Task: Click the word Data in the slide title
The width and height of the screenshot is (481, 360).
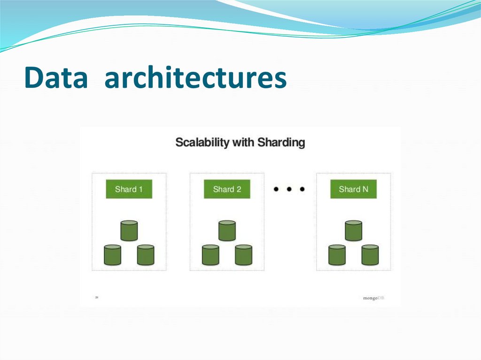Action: (56, 78)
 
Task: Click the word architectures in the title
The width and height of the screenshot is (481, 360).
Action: (195, 78)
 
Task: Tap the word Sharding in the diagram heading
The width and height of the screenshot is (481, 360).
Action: (280, 142)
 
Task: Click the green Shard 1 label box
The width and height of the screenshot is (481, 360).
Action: (129, 189)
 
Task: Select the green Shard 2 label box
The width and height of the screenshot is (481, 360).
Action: (227, 189)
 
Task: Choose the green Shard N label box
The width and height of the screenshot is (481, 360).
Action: (353, 189)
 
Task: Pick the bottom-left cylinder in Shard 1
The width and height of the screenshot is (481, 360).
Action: (112, 255)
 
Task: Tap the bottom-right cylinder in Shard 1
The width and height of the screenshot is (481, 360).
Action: (146, 255)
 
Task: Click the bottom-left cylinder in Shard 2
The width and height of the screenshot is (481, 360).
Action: (210, 255)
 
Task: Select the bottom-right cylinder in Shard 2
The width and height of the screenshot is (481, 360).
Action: (243, 255)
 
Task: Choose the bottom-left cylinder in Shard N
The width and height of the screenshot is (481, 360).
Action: (337, 255)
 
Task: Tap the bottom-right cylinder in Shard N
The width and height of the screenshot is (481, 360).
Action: (370, 255)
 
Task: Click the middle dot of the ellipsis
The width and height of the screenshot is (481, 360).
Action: (289, 190)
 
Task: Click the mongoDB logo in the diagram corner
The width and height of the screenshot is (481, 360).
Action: (373, 298)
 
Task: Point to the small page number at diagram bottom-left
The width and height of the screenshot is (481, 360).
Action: (97, 297)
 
